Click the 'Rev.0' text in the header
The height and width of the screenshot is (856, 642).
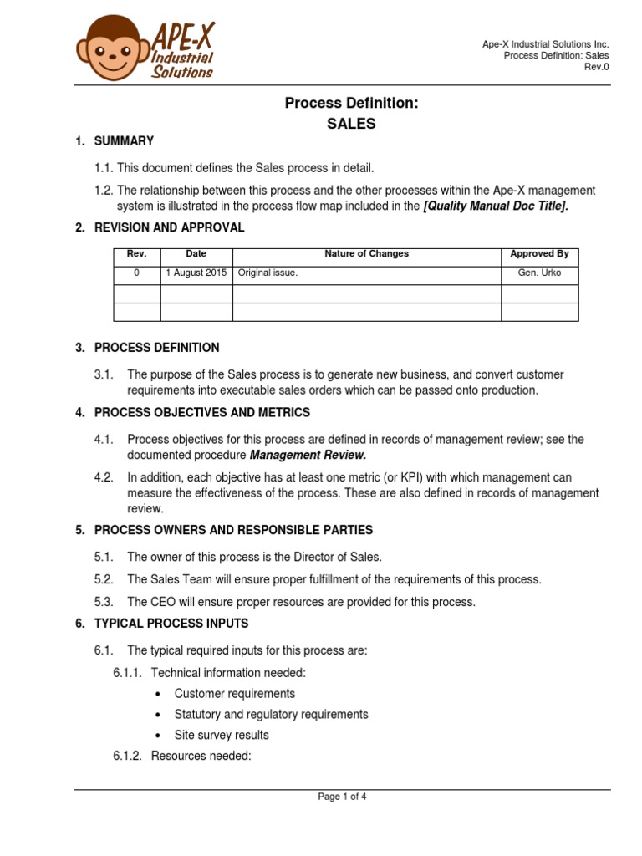596,68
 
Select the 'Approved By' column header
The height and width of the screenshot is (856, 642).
539,254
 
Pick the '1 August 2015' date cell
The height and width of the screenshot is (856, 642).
196,273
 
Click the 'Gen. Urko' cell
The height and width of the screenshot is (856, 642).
539,273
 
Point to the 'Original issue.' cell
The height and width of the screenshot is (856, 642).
267,273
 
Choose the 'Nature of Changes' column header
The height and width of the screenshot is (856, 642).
367,254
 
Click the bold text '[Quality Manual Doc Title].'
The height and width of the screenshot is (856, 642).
497,206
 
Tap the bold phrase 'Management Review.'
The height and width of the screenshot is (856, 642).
308,455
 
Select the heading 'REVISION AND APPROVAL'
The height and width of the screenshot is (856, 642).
169,227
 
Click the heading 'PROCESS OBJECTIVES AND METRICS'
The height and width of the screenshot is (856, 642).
201,412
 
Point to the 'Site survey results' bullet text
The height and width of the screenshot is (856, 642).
222,736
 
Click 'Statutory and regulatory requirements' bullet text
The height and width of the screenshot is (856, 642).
271,715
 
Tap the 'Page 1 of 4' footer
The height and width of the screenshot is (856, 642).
342,797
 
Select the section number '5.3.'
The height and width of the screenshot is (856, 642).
104,602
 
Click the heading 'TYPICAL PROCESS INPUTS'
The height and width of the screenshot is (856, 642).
171,624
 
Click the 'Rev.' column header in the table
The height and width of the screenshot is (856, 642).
136,254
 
